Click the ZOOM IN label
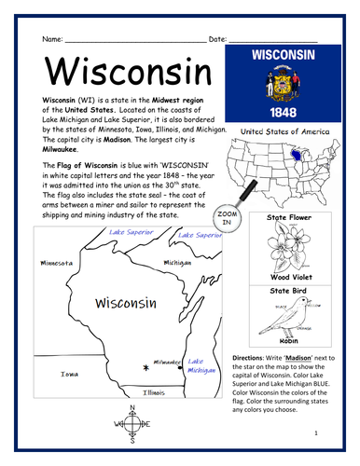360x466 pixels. tap(224, 219)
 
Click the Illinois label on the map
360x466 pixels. tap(154, 392)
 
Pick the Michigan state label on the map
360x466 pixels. tap(177, 263)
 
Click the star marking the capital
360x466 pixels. tap(145, 369)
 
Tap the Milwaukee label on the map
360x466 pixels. tap(168, 362)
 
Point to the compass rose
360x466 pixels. tap(132, 425)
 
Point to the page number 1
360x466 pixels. tap(316, 433)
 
